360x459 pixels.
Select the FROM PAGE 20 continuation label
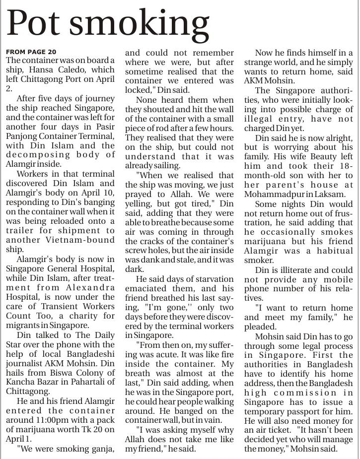(31, 52)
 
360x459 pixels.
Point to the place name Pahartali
(96, 382)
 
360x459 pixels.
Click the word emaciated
(146, 288)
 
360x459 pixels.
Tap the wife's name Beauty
(314, 156)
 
